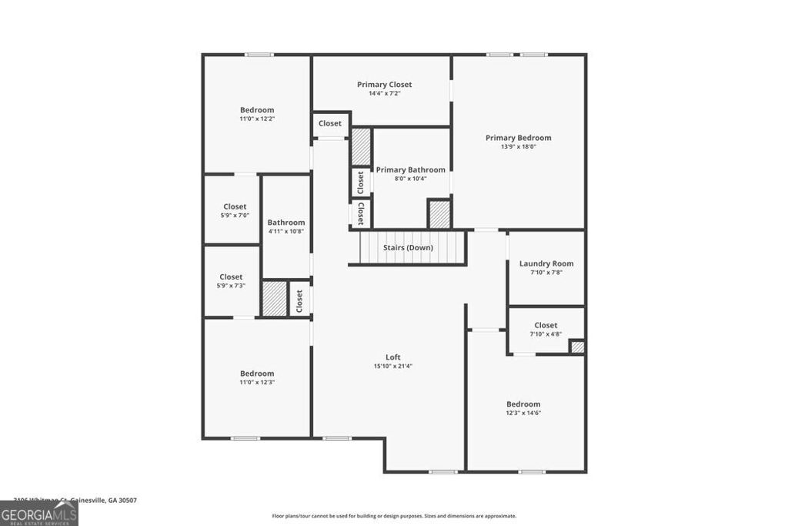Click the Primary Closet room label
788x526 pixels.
click(x=384, y=85)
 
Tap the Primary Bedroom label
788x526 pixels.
click(x=518, y=138)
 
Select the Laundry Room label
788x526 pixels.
click(x=546, y=263)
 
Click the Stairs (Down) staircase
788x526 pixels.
click(x=408, y=248)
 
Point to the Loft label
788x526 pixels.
click(x=392, y=357)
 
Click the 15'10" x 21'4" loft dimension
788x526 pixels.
click(x=392, y=367)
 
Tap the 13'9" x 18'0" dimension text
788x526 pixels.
click(x=518, y=147)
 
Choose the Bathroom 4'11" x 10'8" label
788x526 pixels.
click(x=286, y=226)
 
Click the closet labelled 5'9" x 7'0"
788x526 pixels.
click(x=235, y=210)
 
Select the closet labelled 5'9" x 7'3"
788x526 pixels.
click(x=231, y=280)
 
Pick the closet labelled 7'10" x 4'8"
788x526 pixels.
click(x=546, y=329)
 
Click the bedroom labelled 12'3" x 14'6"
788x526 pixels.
click(x=523, y=408)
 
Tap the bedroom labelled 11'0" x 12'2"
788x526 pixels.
click(x=257, y=114)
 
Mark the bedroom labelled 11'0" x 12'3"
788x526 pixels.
click(x=257, y=377)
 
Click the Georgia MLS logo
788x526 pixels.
click(x=38, y=514)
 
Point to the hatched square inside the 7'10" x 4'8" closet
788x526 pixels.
click(x=577, y=347)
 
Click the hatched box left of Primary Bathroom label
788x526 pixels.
click(x=361, y=146)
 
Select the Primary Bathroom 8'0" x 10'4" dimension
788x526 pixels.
click(x=410, y=179)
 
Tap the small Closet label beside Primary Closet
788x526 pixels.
click(x=330, y=123)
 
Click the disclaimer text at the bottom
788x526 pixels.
click(x=394, y=516)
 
